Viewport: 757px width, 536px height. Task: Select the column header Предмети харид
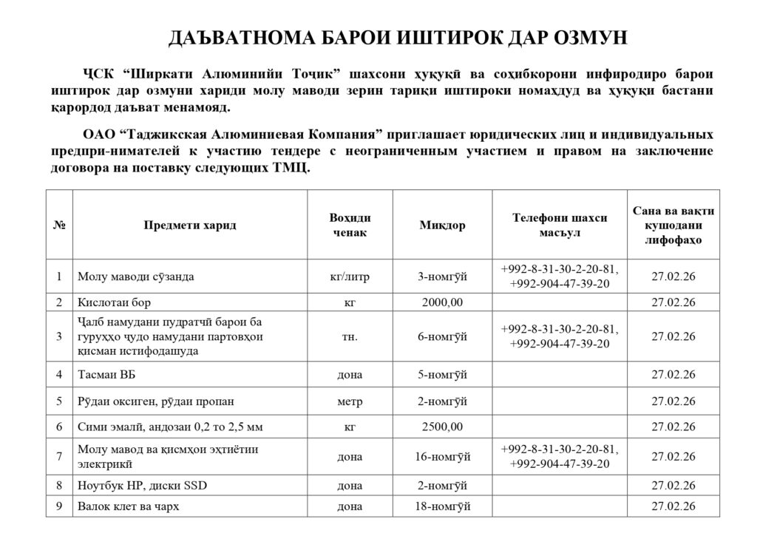190,225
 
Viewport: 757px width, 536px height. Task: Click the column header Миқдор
442,225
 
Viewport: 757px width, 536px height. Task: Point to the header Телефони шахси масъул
560,225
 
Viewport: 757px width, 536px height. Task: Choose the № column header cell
58,225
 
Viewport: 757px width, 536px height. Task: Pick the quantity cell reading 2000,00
442,302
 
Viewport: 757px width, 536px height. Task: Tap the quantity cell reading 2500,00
442,427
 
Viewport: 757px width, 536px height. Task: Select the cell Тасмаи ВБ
107,374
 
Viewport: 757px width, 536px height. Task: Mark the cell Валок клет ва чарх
129,506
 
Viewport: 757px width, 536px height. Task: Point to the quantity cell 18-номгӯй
442,506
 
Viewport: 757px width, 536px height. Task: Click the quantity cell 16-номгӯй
442,456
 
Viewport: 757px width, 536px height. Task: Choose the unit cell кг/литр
349,277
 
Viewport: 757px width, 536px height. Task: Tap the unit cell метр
349,401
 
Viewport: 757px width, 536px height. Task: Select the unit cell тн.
349,336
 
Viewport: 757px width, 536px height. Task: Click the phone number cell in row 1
560,277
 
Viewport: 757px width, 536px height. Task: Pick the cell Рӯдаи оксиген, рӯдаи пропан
155,401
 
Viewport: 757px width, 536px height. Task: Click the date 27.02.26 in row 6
673,427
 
